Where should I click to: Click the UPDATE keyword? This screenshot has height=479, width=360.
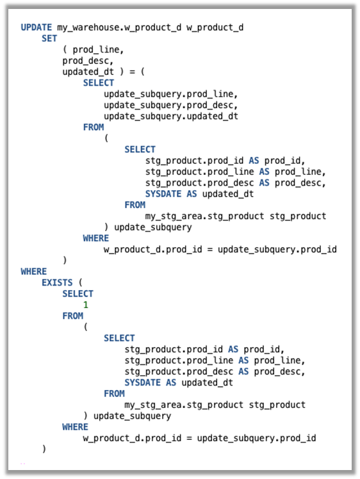click(x=37, y=28)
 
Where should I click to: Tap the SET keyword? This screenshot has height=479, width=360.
click(x=49, y=38)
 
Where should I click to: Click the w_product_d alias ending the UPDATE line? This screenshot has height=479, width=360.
click(x=215, y=28)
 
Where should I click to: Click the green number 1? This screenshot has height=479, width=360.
click(x=86, y=305)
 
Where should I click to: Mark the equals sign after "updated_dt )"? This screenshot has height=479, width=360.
click(x=123, y=72)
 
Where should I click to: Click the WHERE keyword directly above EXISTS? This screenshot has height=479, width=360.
click(x=34, y=272)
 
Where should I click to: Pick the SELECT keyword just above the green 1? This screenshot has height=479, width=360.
click(x=78, y=294)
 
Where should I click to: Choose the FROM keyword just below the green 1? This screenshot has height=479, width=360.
click(x=72, y=316)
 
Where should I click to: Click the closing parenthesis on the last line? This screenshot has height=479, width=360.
click(x=44, y=449)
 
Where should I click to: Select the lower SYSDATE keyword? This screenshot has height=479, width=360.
click(x=142, y=382)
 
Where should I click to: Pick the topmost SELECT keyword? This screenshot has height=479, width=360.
click(x=99, y=83)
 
